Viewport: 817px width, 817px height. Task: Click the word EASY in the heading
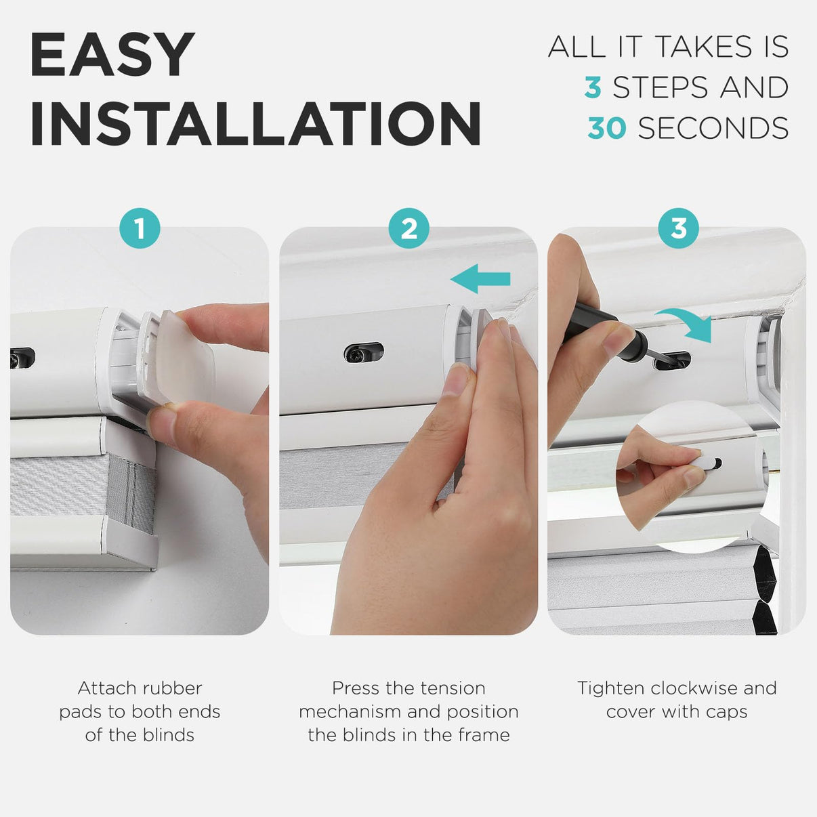(112, 55)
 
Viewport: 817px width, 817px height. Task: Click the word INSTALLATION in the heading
(255, 123)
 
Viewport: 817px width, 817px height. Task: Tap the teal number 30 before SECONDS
(606, 128)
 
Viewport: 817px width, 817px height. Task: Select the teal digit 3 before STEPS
(593, 87)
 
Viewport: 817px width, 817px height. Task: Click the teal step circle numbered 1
(140, 228)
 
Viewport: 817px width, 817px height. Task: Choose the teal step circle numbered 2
(408, 228)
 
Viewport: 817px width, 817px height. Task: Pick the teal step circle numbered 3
(678, 228)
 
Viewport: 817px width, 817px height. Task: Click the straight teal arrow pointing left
(480, 278)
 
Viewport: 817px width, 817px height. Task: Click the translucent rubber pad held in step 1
(185, 356)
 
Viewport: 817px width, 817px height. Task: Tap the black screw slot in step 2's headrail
(363, 352)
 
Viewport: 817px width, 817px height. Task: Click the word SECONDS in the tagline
(713, 128)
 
